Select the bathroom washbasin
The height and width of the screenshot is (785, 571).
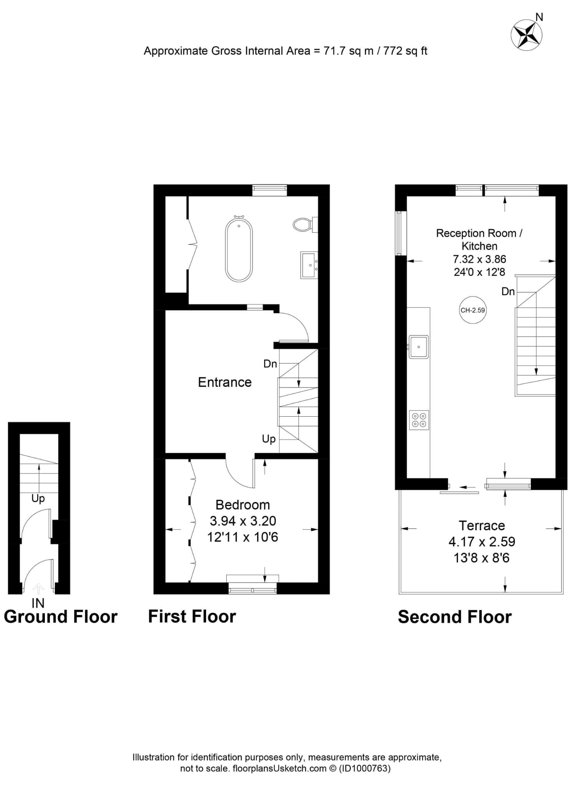309,265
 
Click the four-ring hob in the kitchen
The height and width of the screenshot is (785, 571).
419,420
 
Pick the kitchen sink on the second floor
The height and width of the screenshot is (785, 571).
418,347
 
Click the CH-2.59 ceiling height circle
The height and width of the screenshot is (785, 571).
473,310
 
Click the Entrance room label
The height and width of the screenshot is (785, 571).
225,382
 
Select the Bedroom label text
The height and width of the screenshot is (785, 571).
243,505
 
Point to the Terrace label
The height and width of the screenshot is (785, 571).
482,526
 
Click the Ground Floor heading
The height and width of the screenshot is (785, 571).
61,617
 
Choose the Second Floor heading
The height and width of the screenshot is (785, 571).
455,617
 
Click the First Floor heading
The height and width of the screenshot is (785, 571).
192,617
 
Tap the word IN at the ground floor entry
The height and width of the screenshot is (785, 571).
38,603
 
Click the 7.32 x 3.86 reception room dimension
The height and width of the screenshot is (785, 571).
479,259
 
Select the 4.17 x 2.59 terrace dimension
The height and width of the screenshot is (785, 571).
482,542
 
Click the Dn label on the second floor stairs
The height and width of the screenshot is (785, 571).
508,291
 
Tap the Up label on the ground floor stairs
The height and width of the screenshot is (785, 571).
38,498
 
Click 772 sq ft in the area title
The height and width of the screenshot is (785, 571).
405,51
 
